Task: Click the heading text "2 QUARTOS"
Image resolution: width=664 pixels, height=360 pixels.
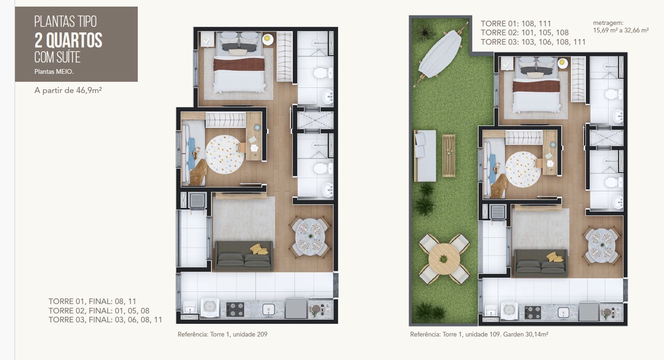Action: [68, 40]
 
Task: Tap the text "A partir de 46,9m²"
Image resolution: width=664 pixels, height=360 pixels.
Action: [68, 90]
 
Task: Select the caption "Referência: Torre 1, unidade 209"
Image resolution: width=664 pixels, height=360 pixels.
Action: [222, 334]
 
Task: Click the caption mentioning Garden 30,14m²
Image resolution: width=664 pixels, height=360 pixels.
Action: [479, 334]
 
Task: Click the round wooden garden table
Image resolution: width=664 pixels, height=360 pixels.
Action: [444, 258]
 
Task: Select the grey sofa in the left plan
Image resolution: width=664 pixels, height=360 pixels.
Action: [244, 256]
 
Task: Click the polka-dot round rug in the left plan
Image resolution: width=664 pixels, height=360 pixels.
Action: [225, 154]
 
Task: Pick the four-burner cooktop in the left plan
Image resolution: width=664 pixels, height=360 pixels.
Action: [235, 309]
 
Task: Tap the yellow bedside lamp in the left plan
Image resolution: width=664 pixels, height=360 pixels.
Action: [268, 39]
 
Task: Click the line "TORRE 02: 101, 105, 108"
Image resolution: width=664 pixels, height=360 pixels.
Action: [525, 32]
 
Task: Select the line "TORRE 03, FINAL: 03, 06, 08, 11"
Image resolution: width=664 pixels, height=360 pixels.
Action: [105, 320]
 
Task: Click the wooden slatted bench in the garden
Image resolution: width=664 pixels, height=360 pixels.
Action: [449, 156]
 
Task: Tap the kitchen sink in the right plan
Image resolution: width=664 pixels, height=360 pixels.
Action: [563, 312]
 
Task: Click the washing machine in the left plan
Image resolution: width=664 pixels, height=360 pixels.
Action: [210, 307]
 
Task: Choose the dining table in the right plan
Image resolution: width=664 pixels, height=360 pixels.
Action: [602, 245]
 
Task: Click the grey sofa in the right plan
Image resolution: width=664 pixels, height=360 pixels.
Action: [541, 263]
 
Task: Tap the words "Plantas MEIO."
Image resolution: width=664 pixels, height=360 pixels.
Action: [54, 72]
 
